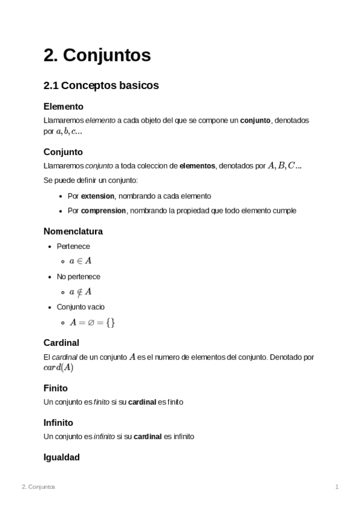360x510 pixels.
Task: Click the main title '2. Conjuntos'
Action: [97, 55]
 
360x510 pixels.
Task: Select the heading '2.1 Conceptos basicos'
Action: [101, 85]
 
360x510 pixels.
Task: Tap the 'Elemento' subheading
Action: [63, 106]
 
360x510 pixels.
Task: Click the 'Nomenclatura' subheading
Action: [73, 231]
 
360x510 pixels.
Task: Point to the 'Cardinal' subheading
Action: [61, 343]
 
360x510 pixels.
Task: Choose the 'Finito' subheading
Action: [55, 388]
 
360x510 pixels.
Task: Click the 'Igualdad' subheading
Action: [61, 457]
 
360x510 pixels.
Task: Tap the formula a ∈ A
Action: [80, 261]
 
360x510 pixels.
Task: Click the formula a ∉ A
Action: [80, 292]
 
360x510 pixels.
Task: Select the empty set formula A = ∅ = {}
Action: [92, 322]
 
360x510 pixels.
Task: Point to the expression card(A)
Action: [58, 367]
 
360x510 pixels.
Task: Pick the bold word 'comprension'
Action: [103, 210]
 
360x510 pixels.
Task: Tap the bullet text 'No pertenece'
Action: [78, 277]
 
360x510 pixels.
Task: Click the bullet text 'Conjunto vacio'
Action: [81, 307]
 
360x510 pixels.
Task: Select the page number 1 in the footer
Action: [337, 487]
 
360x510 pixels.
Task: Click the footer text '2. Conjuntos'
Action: [38, 487]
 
